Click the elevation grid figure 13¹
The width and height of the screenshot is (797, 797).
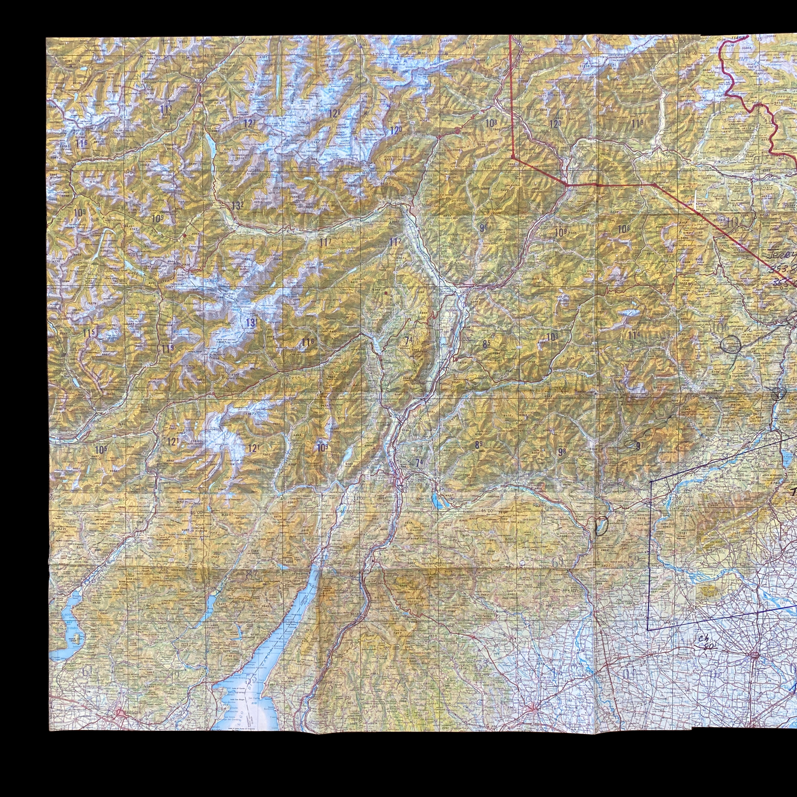point(250,323)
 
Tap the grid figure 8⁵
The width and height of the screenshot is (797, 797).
point(486,343)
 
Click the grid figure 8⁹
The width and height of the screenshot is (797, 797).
point(479,445)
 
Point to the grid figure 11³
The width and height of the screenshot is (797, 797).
point(166,110)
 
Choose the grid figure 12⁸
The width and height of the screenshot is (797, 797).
point(334,113)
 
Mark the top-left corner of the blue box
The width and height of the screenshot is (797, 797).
point(651,481)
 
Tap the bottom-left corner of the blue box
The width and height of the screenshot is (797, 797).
point(648,630)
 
